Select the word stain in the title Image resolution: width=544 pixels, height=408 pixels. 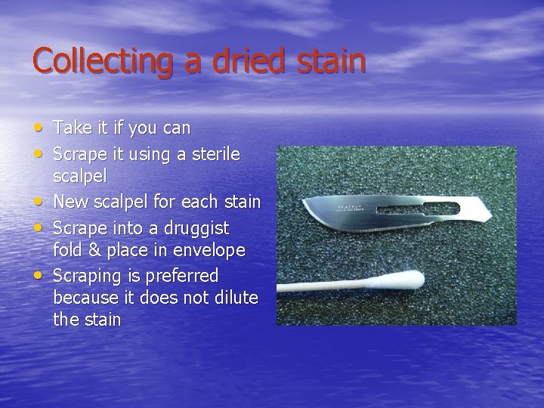coord(329,60)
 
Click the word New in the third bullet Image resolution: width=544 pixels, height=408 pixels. coord(71,202)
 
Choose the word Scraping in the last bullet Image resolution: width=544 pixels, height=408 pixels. coord(86,276)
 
